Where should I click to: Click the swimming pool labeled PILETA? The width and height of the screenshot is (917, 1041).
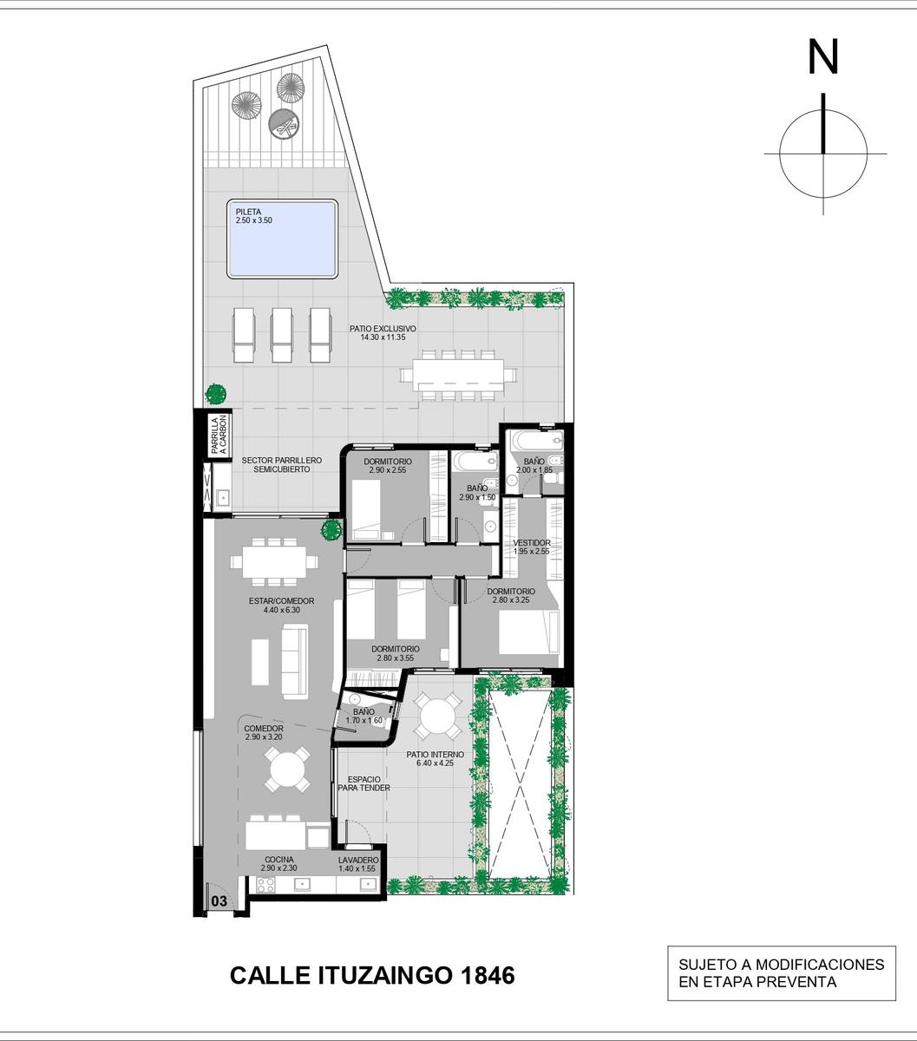282,239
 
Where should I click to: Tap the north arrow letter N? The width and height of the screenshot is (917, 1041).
823,57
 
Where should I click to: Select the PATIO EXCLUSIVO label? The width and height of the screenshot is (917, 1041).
383,332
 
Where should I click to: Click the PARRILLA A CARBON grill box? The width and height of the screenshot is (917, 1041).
219,435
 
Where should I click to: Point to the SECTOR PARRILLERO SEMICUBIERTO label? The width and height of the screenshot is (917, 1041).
282,464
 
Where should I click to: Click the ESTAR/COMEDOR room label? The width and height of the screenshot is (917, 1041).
281,606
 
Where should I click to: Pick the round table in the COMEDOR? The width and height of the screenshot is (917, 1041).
288,769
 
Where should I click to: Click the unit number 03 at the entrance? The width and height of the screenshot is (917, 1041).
219,900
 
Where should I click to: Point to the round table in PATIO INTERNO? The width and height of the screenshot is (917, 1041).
438,715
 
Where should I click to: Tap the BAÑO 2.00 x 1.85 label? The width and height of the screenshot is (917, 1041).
534,466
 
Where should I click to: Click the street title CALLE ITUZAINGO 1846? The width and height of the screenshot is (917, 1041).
372,975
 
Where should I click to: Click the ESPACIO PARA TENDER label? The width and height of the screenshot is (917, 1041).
364,783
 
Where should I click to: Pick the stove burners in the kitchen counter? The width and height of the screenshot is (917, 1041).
265,885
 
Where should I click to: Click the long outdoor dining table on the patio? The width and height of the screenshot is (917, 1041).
458,375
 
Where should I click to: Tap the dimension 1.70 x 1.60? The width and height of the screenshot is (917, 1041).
364,720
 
